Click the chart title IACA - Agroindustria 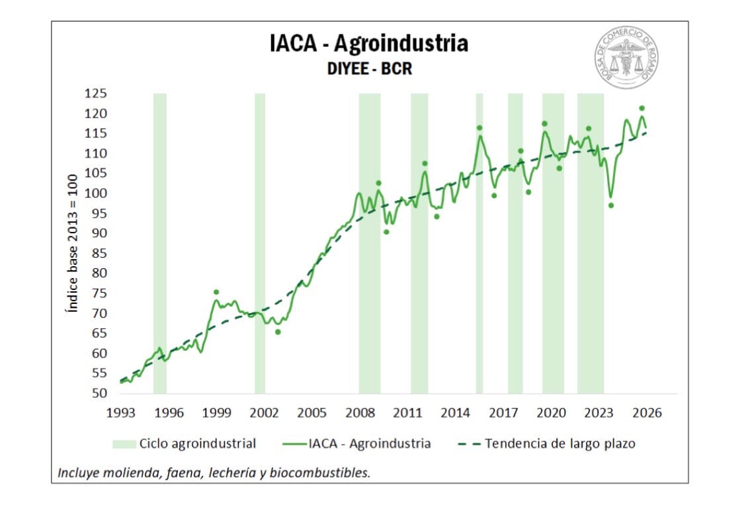[368, 44]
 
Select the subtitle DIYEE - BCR [368, 68]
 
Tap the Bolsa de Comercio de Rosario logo [625, 58]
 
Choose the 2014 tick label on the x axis [455, 413]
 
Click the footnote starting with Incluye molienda [214, 473]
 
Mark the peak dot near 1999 [216, 292]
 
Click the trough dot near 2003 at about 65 [278, 332]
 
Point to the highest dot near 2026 [642, 108]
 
